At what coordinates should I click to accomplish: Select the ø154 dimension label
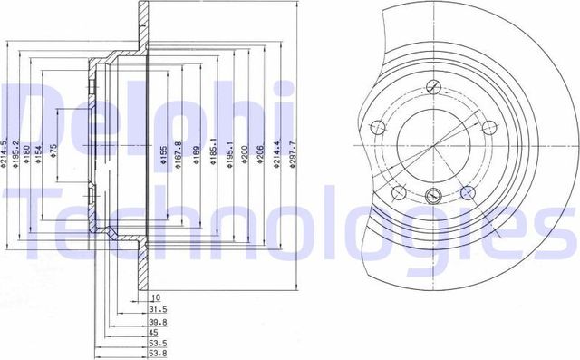click(x=38, y=156)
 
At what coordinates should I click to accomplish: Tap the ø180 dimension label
click(x=27, y=156)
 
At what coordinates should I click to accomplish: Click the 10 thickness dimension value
click(x=155, y=297)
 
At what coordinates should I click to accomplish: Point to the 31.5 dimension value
click(x=157, y=309)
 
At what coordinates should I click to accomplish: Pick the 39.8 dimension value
click(x=157, y=321)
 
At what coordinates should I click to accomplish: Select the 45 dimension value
click(x=155, y=332)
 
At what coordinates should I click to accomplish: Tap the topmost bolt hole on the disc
click(x=436, y=88)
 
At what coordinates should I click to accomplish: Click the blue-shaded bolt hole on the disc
click(x=468, y=191)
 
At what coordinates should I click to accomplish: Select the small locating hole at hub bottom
click(x=433, y=195)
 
